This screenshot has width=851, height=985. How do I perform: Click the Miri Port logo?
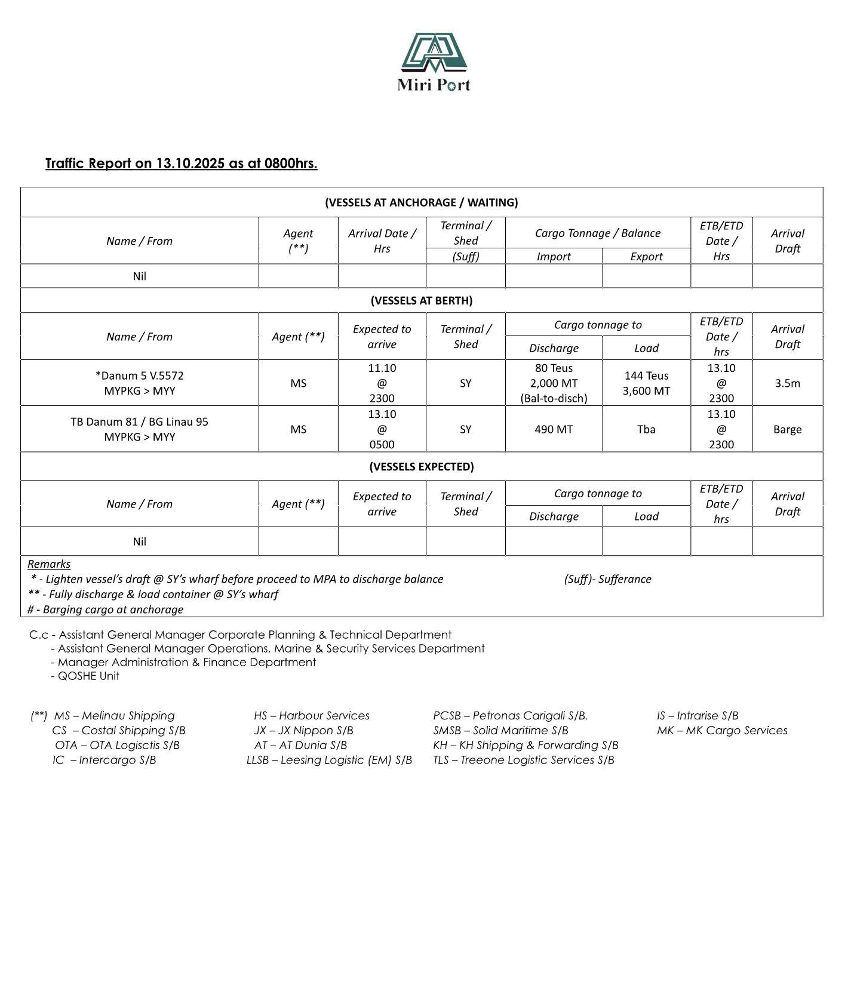point(434,61)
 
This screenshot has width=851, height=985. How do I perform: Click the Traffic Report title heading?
point(181,163)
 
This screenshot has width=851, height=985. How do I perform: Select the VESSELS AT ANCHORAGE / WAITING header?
point(421,202)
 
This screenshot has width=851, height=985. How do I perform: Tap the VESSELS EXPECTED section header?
point(421,466)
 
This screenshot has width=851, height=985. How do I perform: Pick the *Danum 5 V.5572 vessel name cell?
point(139,383)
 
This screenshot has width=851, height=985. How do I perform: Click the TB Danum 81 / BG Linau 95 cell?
point(139,429)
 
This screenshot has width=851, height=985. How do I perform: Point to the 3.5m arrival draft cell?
point(787,383)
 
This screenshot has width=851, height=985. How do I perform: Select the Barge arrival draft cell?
point(787,429)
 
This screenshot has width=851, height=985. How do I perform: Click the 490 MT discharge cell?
point(554,429)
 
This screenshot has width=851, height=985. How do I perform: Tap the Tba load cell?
point(646,429)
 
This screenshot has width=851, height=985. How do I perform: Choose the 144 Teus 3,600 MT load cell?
point(646,383)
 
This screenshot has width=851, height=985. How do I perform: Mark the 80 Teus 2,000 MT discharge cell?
point(554,383)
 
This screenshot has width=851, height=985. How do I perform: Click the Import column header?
point(554,257)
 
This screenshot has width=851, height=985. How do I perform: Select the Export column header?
point(646,257)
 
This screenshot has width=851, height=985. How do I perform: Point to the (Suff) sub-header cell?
point(465,257)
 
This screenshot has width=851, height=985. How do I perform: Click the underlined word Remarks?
point(49,564)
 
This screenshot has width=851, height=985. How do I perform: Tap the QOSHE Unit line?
point(88,676)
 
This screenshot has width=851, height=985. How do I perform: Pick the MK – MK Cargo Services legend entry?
point(722,730)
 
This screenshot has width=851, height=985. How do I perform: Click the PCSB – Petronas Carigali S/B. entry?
point(510,715)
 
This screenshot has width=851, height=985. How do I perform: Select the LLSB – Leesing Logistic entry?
point(329,760)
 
